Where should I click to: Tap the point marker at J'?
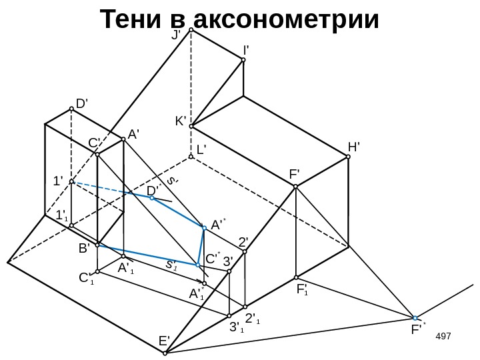[191, 30]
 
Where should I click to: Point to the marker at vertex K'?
[191, 125]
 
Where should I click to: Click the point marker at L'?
[191, 157]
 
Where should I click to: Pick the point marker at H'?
[348, 158]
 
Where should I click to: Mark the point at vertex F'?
[296, 187]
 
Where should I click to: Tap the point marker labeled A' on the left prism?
[123, 139]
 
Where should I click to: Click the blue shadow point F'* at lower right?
[415, 318]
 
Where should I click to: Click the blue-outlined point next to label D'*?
[152, 197]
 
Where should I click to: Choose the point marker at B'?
[97, 245]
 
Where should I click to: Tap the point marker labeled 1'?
[71, 181]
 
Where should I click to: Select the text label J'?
[177, 35]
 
